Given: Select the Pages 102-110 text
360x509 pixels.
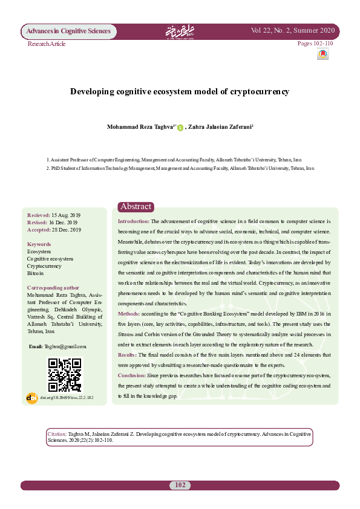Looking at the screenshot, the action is pyautogui.click(x=315, y=44).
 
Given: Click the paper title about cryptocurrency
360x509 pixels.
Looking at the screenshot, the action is pyautogui.click(x=180, y=92).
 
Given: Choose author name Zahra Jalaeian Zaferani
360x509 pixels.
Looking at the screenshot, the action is pyautogui.click(x=220, y=127).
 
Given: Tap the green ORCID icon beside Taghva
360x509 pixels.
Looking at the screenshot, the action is pyautogui.click(x=180, y=128).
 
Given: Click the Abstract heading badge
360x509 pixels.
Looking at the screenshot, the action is pyautogui.click(x=136, y=207).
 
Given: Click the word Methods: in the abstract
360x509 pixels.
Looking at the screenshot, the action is pyautogui.click(x=129, y=314).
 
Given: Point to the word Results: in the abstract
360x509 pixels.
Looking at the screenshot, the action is pyautogui.click(x=128, y=355).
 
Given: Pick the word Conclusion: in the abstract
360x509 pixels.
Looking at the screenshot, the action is pyautogui.click(x=131, y=375).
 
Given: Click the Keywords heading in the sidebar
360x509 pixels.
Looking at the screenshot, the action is pyautogui.click(x=39, y=244).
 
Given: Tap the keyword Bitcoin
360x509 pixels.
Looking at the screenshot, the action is pyautogui.click(x=35, y=273).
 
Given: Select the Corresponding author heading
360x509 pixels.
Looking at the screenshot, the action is pyautogui.click(x=53, y=288).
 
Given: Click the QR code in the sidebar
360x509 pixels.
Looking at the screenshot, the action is pyautogui.click(x=64, y=374).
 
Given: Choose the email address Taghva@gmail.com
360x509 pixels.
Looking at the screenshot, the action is pyautogui.click(x=65, y=346).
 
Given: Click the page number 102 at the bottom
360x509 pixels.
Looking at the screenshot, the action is pyautogui.click(x=180, y=485).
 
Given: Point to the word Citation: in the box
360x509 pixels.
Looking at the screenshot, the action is pyautogui.click(x=57, y=434).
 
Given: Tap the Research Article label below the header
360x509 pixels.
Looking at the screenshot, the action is pyautogui.click(x=47, y=44).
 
